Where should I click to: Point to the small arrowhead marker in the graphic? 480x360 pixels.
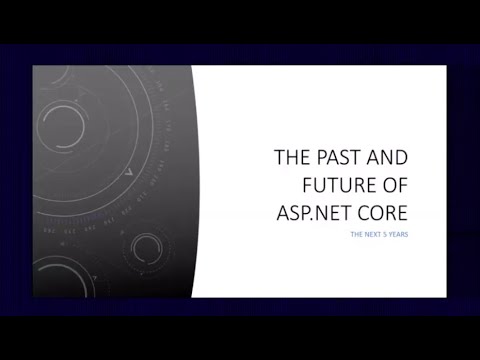[129, 173]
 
